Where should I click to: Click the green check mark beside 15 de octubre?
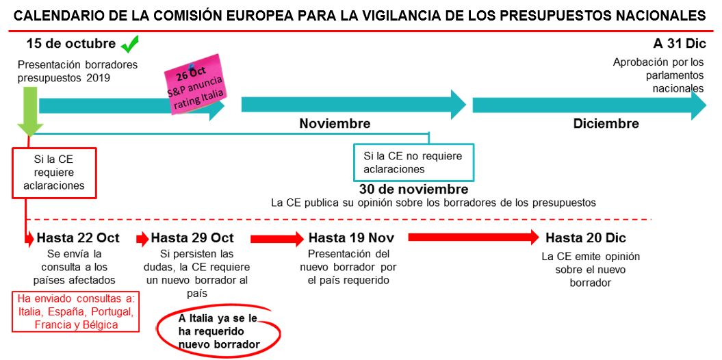pyautogui.click(x=129, y=44)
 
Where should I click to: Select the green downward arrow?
pyautogui.click(x=30, y=112)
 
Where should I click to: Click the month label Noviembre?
pyautogui.click(x=335, y=124)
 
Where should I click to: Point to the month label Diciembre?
pyautogui.click(x=606, y=124)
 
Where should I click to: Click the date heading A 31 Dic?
pyautogui.click(x=679, y=44)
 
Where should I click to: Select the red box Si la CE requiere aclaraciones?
pyautogui.click(x=54, y=172)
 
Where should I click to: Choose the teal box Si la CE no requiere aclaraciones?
pyautogui.click(x=413, y=162)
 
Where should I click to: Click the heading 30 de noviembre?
pyautogui.click(x=413, y=189)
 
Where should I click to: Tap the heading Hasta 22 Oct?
pyautogui.click(x=78, y=238)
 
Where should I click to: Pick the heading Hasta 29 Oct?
pyautogui.click(x=192, y=238)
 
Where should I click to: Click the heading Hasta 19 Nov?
pyautogui.click(x=351, y=238)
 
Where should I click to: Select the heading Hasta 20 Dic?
pyautogui.click(x=586, y=238)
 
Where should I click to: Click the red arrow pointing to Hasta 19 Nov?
pyautogui.click(x=277, y=238)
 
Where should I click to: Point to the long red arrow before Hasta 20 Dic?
pyautogui.click(x=474, y=237)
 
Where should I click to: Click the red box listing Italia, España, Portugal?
pyautogui.click(x=75, y=311)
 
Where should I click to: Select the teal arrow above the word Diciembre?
pyautogui.click(x=589, y=105)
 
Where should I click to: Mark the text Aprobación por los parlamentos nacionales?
pyautogui.click(x=658, y=75)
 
